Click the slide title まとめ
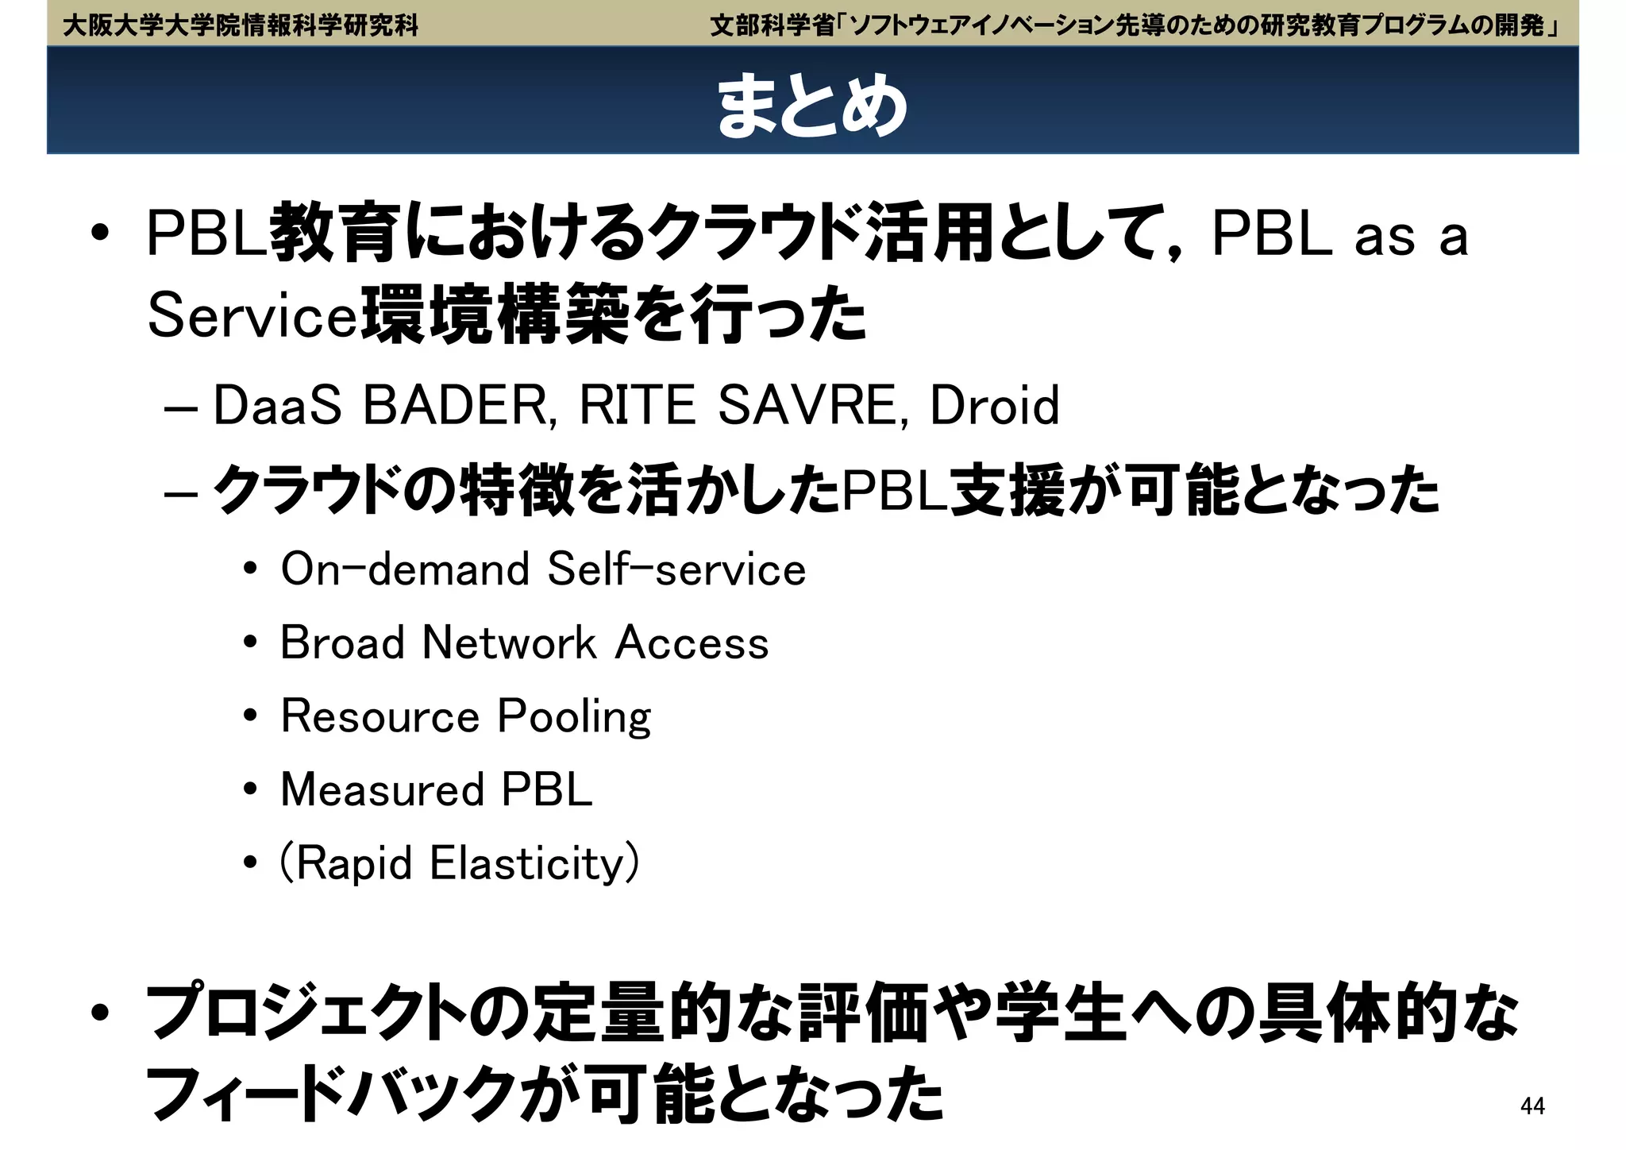pyautogui.click(x=811, y=106)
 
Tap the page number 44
pyautogui.click(x=1532, y=1106)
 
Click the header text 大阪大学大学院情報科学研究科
pyautogui.click(x=241, y=25)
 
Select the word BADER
pyautogui.click(x=454, y=405)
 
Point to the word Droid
pyautogui.click(x=994, y=405)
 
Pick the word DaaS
pyautogui.click(x=277, y=405)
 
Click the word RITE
pyautogui.click(x=636, y=405)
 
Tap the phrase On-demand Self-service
pyautogui.click(x=543, y=569)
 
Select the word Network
pyautogui.click(x=509, y=643)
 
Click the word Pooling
pyautogui.click(x=574, y=717)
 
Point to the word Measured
pyautogui.click(x=382, y=789)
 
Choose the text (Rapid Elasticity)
pyautogui.click(x=459, y=863)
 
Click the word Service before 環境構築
pyautogui.click(x=252, y=316)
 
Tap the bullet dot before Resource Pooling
pyautogui.click(x=251, y=717)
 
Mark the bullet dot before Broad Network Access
pyautogui.click(x=251, y=643)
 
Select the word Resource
pyautogui.click(x=380, y=716)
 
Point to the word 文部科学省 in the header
pyautogui.click(x=771, y=25)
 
